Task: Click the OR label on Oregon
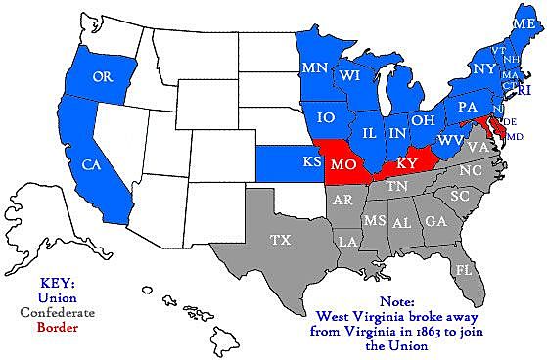100,76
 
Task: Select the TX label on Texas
279,239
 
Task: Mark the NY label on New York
484,69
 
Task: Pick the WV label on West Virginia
449,140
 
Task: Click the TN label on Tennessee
396,185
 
